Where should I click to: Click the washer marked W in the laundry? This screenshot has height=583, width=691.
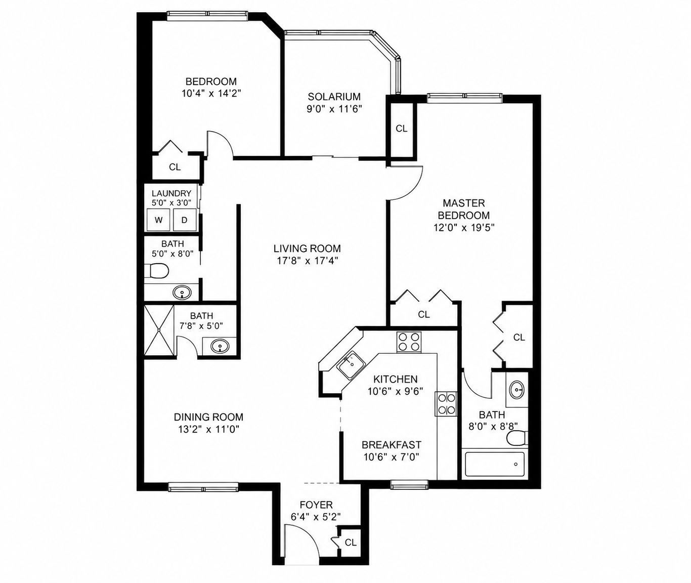pos(158,220)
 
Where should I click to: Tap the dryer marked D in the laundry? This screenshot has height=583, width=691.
pos(184,220)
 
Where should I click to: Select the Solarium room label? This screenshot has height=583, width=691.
pos(334,97)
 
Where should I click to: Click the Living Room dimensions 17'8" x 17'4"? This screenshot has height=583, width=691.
pos(307,261)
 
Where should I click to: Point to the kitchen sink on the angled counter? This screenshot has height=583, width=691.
pos(351,365)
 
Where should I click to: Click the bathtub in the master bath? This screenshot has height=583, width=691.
pos(494,464)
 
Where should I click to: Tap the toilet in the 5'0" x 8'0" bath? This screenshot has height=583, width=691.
pos(156,271)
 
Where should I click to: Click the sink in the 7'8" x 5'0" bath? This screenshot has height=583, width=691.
pos(219,346)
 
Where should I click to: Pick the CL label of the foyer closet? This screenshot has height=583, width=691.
pos(351,543)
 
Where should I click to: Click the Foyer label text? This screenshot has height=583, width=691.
pos(316,505)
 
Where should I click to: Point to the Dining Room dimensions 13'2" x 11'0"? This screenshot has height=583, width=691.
pos(208,429)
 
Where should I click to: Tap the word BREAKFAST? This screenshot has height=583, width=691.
pos(392,445)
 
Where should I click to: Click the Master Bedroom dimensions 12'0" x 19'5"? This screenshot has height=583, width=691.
pos(464,228)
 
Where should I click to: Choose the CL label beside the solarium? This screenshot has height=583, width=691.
pos(402,129)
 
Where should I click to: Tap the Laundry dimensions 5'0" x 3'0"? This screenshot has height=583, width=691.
pos(171,203)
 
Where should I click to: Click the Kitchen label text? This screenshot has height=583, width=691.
pos(396,379)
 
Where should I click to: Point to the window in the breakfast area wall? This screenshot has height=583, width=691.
pos(409,486)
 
